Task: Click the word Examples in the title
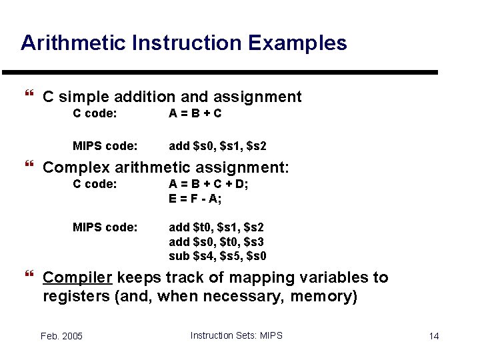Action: (297, 43)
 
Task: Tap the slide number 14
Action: (434, 336)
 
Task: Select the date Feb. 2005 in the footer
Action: (61, 336)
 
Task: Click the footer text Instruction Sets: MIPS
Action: (236, 335)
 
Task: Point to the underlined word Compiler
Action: (77, 278)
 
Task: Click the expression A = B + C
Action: (195, 113)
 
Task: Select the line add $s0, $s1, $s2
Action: (217, 146)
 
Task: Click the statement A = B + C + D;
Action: (209, 184)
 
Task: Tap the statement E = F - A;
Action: (195, 199)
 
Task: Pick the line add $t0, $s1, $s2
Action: (217, 227)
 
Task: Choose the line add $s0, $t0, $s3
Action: (217, 241)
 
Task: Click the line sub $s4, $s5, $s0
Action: (217, 256)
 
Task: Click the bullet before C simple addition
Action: (29, 97)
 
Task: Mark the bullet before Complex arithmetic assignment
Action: (29, 166)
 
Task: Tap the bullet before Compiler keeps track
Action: (29, 277)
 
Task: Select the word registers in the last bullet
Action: (77, 297)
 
